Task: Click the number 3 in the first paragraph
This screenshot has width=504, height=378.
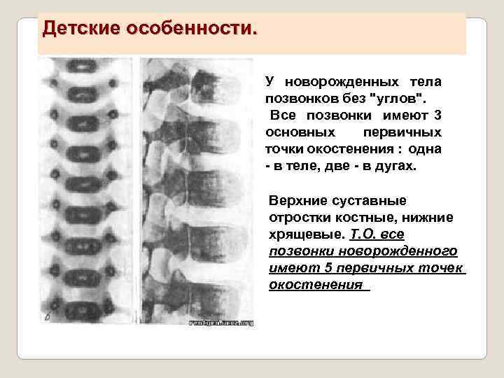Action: (x=437, y=115)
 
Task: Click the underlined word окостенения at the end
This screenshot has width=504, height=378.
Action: (x=316, y=284)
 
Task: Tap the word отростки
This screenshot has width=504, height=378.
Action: (x=298, y=217)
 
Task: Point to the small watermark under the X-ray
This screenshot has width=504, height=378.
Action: (x=222, y=323)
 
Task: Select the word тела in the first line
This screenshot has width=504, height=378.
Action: (x=425, y=82)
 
